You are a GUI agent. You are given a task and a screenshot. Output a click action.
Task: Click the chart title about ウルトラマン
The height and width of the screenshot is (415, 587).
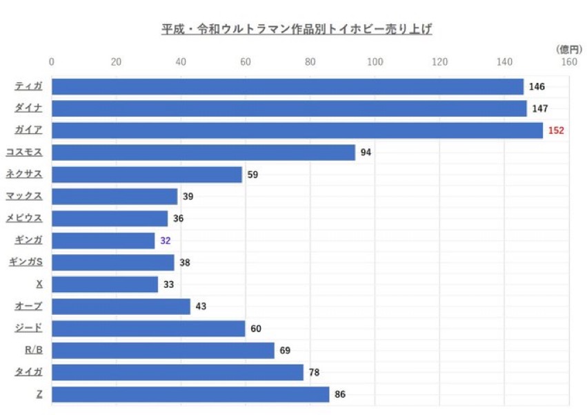click(297, 30)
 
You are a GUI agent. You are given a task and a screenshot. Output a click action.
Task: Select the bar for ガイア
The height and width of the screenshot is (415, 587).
click(297, 131)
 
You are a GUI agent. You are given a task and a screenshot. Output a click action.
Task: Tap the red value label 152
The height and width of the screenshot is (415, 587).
click(556, 131)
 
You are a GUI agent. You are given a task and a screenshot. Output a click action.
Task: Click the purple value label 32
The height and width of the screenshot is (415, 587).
click(165, 241)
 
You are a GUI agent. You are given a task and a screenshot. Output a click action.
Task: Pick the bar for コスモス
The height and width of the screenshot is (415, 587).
click(203, 153)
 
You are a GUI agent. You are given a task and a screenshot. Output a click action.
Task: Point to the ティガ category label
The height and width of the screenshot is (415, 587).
click(29, 86)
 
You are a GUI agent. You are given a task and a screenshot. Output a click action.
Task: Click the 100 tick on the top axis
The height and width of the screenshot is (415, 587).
click(375, 61)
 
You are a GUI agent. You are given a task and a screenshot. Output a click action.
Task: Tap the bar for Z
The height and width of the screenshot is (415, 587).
click(190, 395)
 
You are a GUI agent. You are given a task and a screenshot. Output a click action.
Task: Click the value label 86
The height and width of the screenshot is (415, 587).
click(339, 395)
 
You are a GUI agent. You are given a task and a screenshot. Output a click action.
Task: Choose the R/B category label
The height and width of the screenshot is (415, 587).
click(34, 350)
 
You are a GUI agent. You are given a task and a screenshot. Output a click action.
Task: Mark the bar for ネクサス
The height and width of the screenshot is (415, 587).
click(147, 175)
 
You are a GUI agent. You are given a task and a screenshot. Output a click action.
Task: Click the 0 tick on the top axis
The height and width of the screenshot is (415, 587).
click(52, 61)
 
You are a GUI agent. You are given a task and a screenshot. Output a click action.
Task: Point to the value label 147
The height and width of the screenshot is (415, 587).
click(539, 108)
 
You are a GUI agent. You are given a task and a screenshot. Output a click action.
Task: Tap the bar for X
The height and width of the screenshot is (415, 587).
click(105, 284)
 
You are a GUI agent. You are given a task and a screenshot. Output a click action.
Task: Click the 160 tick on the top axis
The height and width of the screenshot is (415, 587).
click(569, 61)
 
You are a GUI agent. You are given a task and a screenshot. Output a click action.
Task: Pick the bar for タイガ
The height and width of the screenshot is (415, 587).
click(177, 373)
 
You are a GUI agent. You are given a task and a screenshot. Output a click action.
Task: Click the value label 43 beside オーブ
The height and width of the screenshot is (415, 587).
click(201, 307)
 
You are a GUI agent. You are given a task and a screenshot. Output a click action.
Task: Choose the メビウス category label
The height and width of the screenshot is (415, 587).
click(25, 218)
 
